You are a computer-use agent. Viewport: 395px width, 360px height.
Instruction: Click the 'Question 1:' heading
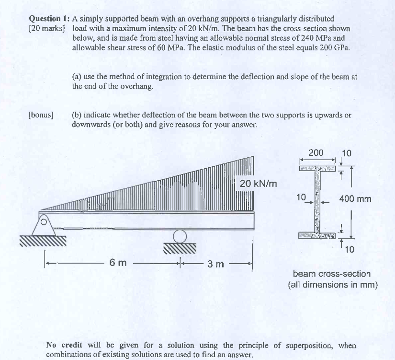coord(49,19)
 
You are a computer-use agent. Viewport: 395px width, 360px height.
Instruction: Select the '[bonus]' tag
coord(41,115)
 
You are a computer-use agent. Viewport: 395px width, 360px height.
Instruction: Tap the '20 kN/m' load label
coord(258,184)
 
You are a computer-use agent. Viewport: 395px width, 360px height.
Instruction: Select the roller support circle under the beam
coord(180,236)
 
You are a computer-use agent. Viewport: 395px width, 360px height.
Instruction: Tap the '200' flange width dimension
coord(316,153)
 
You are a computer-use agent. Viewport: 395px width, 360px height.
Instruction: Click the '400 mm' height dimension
coord(355,198)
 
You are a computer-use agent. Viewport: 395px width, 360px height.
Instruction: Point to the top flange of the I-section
coord(317,168)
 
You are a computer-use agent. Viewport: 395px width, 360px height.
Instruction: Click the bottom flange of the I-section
coord(317,235)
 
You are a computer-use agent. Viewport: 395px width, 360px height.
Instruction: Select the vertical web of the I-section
coord(317,201)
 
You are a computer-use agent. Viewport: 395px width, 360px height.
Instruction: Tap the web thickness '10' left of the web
coord(301,197)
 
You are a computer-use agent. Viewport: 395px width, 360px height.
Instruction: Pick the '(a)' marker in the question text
coord(77,77)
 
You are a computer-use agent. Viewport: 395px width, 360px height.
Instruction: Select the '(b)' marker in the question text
coord(77,115)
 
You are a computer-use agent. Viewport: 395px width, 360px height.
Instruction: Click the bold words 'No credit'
coord(62,345)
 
